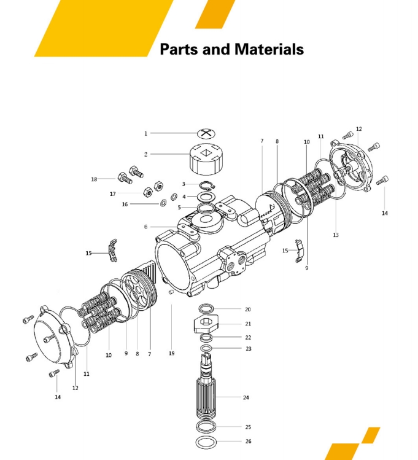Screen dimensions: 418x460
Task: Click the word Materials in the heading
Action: point(269,49)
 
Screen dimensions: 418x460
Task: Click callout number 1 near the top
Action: point(145,133)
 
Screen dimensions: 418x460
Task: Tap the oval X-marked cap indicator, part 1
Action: point(207,133)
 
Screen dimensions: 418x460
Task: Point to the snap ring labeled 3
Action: point(207,185)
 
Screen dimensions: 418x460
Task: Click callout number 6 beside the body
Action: point(145,227)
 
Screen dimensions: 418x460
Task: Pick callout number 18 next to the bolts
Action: point(94,179)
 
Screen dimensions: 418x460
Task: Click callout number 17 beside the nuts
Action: point(113,194)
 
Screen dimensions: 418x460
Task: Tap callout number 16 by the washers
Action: point(125,204)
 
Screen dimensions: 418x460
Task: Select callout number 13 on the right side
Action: point(336,235)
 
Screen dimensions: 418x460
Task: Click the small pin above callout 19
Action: point(171,292)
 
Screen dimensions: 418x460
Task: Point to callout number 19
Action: point(172,354)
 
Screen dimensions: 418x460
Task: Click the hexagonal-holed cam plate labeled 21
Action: point(206,324)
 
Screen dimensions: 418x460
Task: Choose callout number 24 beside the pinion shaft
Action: point(246,397)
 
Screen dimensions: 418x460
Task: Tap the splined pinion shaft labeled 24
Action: point(206,387)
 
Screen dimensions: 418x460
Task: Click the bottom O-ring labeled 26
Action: point(206,442)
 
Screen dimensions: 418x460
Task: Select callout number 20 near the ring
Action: point(248,309)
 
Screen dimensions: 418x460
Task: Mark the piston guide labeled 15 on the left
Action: point(112,251)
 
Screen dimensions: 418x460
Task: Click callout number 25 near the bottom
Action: point(248,427)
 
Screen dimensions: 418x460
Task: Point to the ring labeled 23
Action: point(206,348)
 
